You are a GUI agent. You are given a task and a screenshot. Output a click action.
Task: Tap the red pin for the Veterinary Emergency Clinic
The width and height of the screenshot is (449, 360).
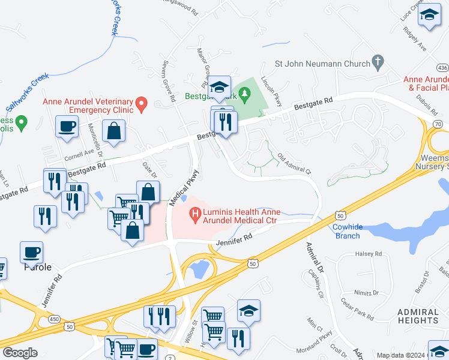pos(142,105)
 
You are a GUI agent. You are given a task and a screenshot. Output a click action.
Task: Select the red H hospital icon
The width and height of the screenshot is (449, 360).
pos(194,213)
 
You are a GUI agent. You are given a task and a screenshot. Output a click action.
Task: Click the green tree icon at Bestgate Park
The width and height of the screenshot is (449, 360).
pos(244,94)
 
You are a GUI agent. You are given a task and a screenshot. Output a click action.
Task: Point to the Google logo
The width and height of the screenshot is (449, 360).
pos(20,353)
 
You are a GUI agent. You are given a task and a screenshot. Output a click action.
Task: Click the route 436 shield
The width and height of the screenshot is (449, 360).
pos(443,67)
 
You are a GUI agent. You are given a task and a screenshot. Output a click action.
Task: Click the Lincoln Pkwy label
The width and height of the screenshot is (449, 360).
pos(271,92)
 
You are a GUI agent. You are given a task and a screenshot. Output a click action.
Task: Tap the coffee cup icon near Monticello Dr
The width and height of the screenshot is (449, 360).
pos(67,127)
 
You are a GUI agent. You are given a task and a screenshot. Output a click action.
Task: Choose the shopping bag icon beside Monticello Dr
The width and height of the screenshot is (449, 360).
pos(113,131)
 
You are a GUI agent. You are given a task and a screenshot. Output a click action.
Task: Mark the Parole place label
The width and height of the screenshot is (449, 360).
pos(37,267)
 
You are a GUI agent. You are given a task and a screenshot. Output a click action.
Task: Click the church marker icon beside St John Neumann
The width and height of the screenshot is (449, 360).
pos(377,61)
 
